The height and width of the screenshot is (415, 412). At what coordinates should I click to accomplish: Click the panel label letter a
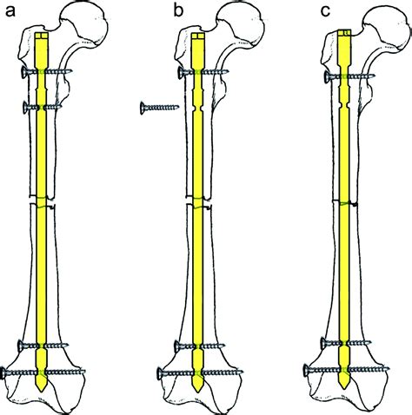10,11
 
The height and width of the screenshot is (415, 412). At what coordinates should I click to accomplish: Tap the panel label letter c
325,11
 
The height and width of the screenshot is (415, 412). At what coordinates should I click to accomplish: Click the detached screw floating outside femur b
160,108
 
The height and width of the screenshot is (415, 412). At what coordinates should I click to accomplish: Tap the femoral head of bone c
389,28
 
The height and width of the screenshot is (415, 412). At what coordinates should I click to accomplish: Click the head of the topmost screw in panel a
24,72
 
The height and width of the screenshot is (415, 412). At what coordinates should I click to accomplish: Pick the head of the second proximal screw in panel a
26,108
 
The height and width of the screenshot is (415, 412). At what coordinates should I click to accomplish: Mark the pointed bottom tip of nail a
42,392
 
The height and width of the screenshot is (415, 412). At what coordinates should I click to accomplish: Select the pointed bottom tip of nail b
198,392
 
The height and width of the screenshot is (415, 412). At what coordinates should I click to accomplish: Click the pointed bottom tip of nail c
344,387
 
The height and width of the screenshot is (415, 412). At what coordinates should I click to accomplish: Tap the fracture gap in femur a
42,201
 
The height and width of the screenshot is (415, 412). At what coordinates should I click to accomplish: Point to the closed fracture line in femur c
345,202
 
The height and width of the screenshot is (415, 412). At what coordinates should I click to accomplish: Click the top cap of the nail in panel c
344,33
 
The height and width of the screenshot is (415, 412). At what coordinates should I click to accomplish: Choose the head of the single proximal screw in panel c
327,76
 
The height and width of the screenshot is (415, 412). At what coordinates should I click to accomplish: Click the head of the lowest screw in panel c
307,370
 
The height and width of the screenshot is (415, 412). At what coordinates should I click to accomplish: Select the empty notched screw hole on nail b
198,109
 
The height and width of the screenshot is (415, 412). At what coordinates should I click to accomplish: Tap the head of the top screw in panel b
181,72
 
